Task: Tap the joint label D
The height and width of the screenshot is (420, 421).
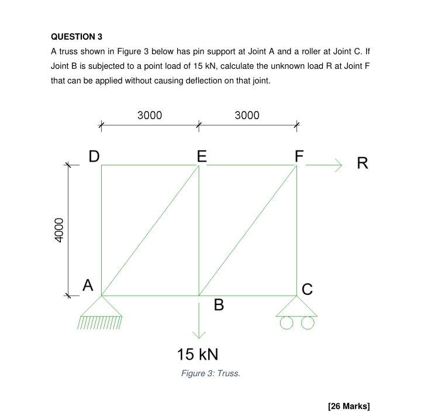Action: point(94,156)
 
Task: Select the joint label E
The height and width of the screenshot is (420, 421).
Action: point(202,156)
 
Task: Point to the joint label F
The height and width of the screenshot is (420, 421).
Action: point(299,156)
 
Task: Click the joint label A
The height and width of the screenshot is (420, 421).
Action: point(87,285)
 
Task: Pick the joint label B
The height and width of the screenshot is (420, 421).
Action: point(219,305)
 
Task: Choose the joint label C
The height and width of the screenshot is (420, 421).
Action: point(308,288)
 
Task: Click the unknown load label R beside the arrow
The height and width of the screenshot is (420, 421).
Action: point(363,164)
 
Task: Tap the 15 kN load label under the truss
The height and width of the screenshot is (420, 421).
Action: point(198,354)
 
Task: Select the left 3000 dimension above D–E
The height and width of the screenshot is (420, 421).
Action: point(150,115)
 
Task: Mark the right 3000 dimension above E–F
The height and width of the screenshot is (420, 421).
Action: point(247,115)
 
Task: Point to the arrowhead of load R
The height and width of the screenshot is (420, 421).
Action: point(337,165)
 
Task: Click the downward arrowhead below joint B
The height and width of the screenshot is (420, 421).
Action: point(199,334)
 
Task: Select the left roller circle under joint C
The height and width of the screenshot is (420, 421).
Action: point(287,322)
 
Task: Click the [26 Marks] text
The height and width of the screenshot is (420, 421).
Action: point(350,406)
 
